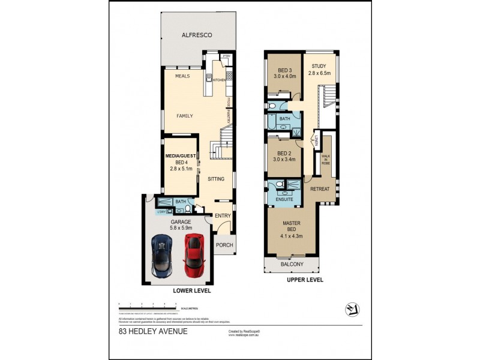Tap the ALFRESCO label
coord(197,35)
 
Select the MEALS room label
coord(182,77)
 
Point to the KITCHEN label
coord(219,79)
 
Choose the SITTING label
coord(216,179)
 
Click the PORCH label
coord(224,245)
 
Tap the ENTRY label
coord(223,216)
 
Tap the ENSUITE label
coord(284,199)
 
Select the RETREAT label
coord(320,189)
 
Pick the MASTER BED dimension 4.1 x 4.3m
coord(291,236)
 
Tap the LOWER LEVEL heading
coord(191,290)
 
